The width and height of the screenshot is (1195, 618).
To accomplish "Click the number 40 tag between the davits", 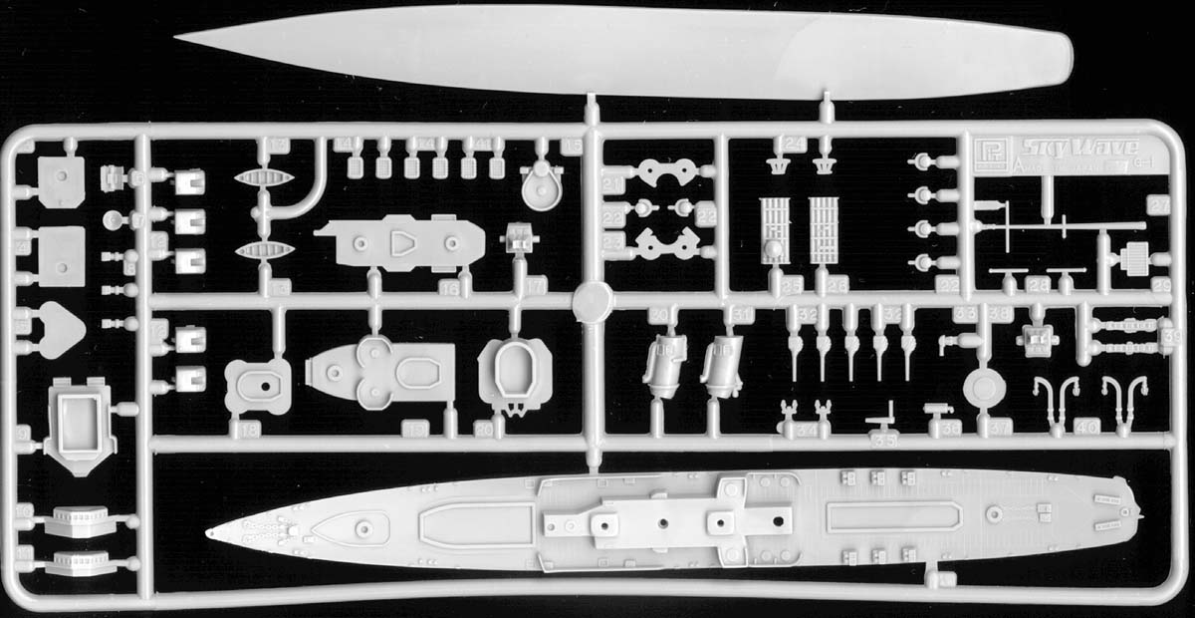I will point(1087,428).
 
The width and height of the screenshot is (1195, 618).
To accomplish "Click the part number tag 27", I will point(1158,206).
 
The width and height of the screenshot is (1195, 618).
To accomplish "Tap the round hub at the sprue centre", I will point(592,298).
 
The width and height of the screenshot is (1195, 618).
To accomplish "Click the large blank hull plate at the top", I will point(617,50).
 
